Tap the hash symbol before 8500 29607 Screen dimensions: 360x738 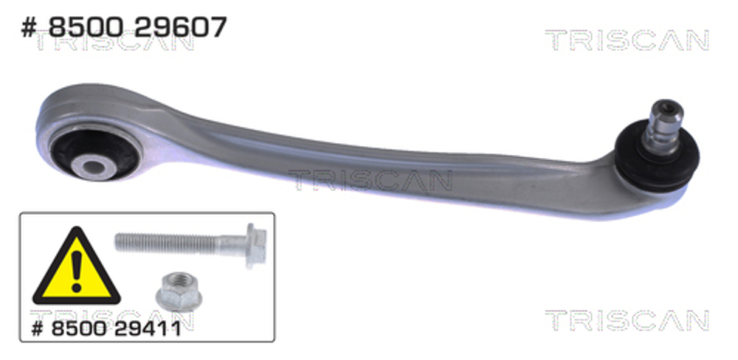(27, 28)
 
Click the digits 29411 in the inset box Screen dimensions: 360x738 (147, 327)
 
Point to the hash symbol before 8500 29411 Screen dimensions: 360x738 (38, 327)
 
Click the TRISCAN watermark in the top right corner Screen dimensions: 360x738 (627, 41)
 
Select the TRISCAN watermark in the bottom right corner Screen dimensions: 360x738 (627, 320)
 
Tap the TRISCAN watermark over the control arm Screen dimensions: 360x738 (369, 180)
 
